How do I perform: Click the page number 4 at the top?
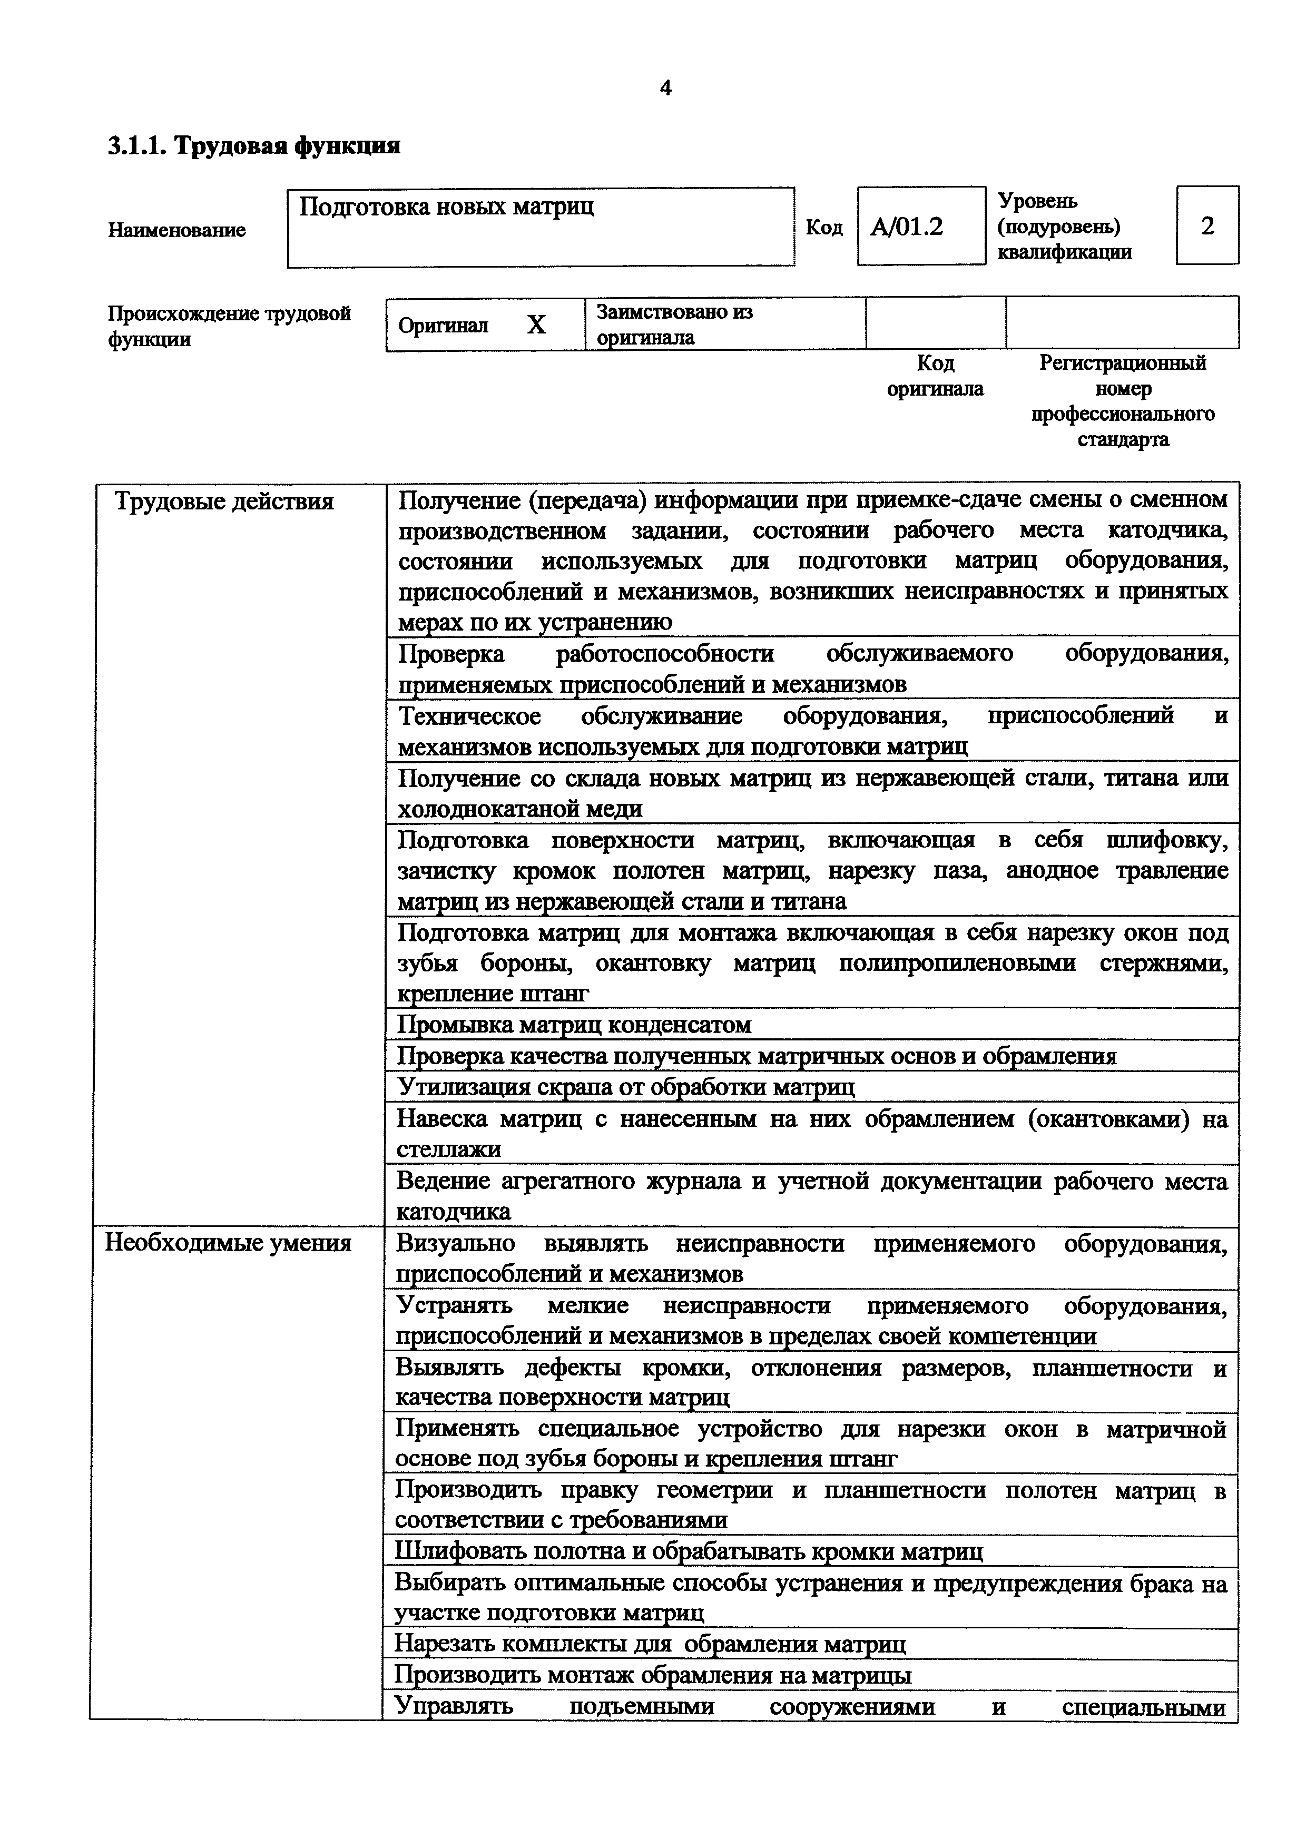coord(665,89)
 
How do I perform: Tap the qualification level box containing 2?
coord(1207,226)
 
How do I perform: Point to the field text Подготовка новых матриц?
coord(447,207)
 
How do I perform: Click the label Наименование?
coord(177,230)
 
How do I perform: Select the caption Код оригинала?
coord(935,376)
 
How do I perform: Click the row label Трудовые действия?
coord(224,502)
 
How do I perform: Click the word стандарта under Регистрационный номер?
coord(1123,439)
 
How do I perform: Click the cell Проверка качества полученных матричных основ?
coord(757,1056)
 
